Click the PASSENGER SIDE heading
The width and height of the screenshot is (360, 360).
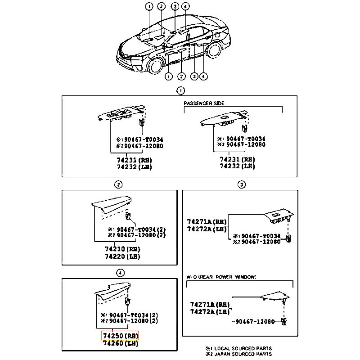click(x=203, y=103)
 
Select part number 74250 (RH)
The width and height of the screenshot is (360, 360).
click(x=120, y=336)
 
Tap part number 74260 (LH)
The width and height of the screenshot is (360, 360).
click(x=120, y=343)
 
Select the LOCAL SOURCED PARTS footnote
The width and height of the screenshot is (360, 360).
click(x=238, y=348)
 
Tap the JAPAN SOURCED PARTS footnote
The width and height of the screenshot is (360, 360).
click(x=238, y=354)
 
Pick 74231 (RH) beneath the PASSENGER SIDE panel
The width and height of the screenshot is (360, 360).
click(x=237, y=159)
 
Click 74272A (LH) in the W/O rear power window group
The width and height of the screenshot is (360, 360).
click(x=209, y=312)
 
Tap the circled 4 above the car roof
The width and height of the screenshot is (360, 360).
click(x=186, y=6)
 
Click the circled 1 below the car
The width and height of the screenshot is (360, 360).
click(x=168, y=76)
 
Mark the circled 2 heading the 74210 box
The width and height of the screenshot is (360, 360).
click(x=117, y=184)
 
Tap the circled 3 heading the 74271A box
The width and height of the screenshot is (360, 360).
click(x=242, y=184)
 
